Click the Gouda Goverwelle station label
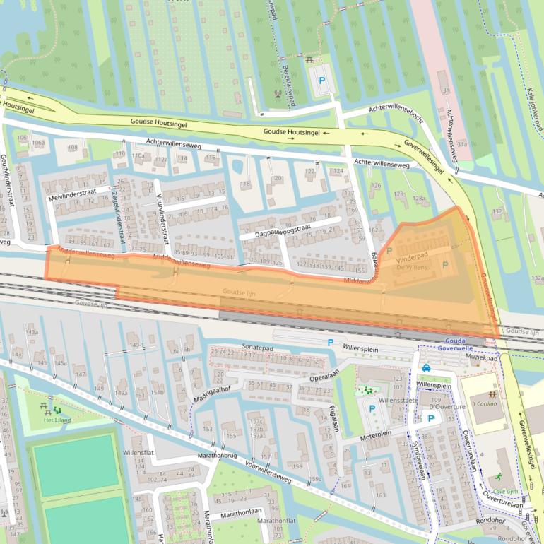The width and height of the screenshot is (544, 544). point(450,344)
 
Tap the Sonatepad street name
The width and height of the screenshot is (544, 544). point(257,348)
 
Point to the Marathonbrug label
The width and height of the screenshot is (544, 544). point(217,456)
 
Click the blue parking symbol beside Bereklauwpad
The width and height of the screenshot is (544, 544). point(322,81)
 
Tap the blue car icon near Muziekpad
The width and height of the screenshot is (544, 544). point(427,367)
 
